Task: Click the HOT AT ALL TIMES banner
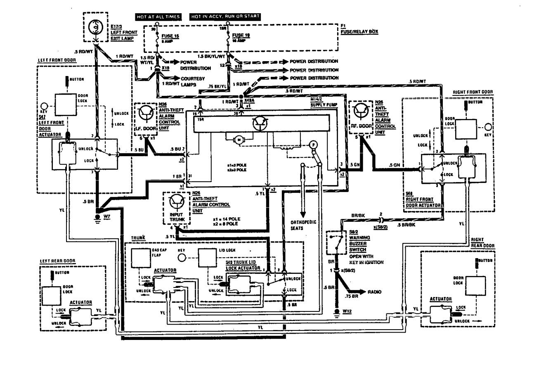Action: pyautogui.click(x=158, y=17)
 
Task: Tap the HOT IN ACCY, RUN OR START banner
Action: pyautogui.click(x=225, y=17)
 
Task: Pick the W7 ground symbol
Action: pyautogui.click(x=97, y=217)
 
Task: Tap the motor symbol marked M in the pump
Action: pyautogui.click(x=239, y=140)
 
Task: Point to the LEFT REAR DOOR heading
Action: pyautogui.click(x=58, y=261)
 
